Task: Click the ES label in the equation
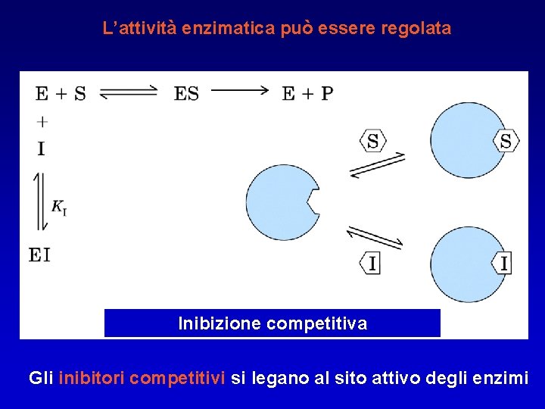[x=186, y=93]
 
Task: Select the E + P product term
[x=307, y=93]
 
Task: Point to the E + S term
[x=61, y=93]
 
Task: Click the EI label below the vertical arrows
[x=40, y=254]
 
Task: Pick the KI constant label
[x=59, y=206]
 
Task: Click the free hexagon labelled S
[x=373, y=141]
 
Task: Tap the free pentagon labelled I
[x=370, y=263]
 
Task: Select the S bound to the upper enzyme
[x=506, y=141]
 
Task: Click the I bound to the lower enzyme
[x=504, y=263]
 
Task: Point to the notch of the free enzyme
[x=313, y=201]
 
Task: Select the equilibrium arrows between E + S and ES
[x=128, y=92]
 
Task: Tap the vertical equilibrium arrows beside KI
[x=40, y=201]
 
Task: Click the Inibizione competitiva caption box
[x=272, y=323]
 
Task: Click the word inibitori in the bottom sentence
[x=92, y=377]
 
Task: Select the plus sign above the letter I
[x=42, y=121]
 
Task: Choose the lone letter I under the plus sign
[x=41, y=148]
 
